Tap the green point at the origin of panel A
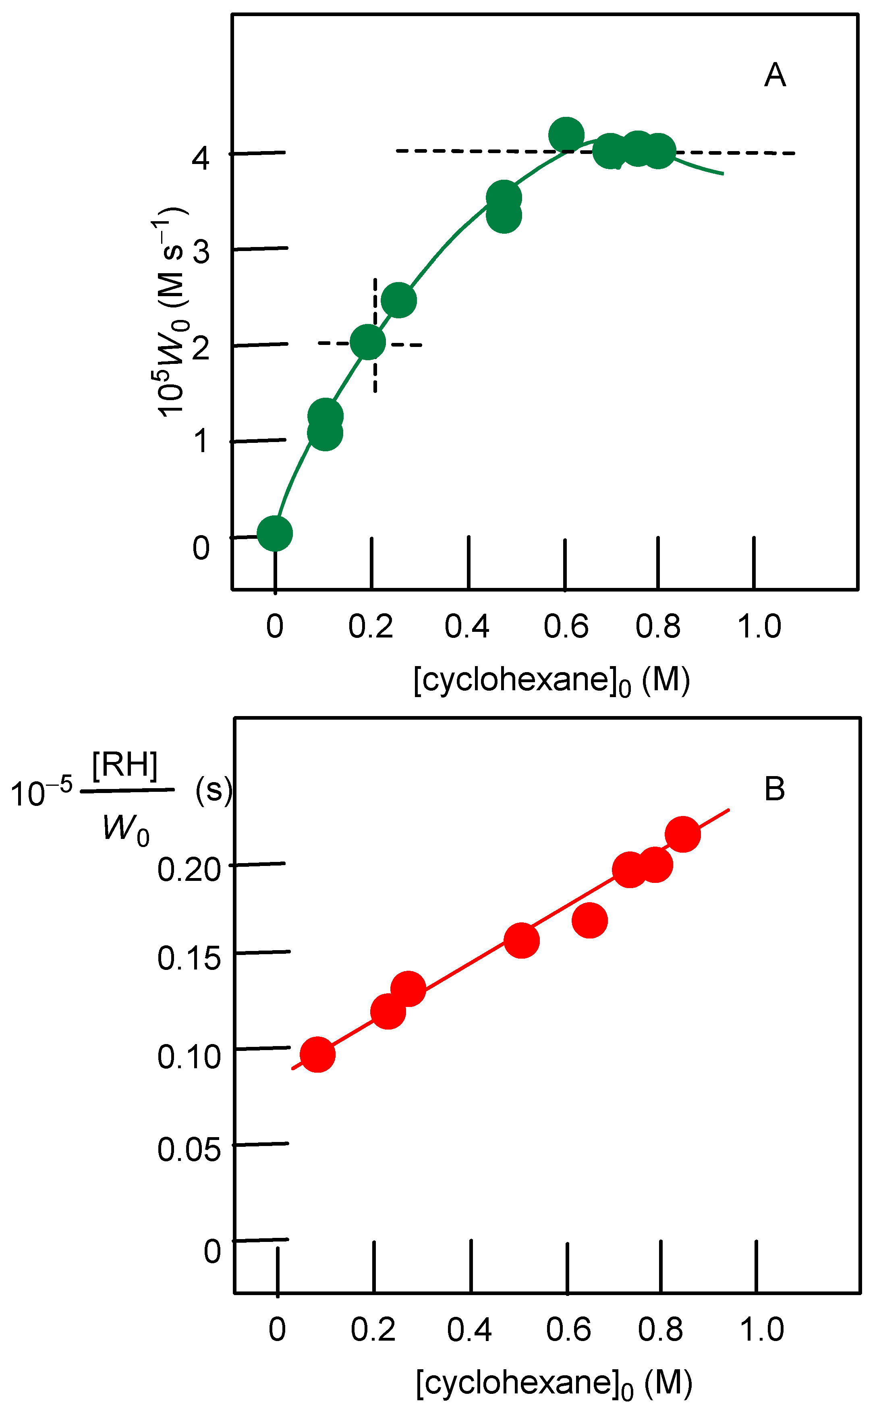[x=274, y=533]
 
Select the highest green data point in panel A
[x=566, y=134]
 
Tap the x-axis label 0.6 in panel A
[x=566, y=627]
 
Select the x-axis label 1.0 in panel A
[x=759, y=627]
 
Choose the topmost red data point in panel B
[x=682, y=834]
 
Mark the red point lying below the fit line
[x=589, y=920]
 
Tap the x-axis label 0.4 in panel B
[x=470, y=1330]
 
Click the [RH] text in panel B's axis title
[x=125, y=765]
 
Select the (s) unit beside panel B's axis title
[x=214, y=791]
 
